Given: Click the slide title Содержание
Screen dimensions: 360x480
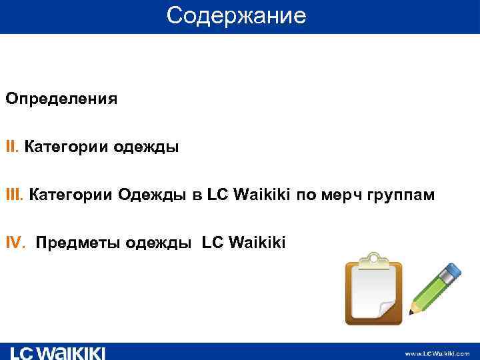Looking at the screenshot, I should (x=236, y=15).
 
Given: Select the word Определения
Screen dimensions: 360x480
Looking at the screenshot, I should (x=61, y=99).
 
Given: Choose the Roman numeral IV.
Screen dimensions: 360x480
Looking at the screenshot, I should (x=16, y=243).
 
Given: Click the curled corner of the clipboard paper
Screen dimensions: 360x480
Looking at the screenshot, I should (x=387, y=309).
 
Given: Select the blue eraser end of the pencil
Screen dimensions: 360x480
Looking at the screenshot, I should (x=452, y=270).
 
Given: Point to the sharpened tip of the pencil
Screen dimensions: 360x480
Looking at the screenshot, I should (x=413, y=311).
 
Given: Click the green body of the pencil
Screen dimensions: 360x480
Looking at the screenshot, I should (x=432, y=289).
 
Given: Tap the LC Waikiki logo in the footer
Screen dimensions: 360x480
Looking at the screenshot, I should (x=58, y=353).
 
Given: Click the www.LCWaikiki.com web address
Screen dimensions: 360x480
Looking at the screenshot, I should (x=437, y=353).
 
